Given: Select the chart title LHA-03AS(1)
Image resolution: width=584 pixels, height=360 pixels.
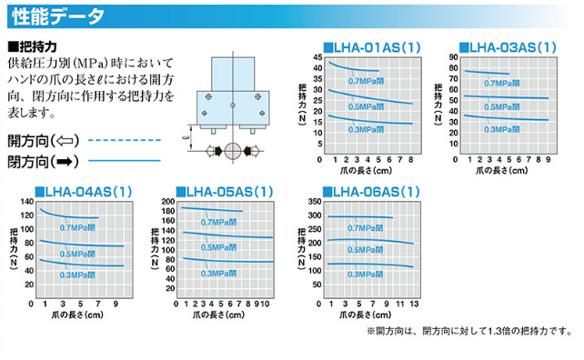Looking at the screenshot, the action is coord(508,46).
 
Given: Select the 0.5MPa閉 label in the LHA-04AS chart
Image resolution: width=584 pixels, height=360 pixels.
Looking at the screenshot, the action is coord(78,253).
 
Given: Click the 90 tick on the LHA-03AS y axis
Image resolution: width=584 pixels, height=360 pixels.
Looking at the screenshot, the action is coord(451,57).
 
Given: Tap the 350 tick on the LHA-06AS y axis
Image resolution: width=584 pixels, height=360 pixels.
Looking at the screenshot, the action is coord(315,202).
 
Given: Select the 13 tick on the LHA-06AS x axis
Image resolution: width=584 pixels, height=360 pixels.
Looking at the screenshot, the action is coord(414,304).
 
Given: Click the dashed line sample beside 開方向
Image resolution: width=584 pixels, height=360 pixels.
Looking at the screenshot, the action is coord(123,141).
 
